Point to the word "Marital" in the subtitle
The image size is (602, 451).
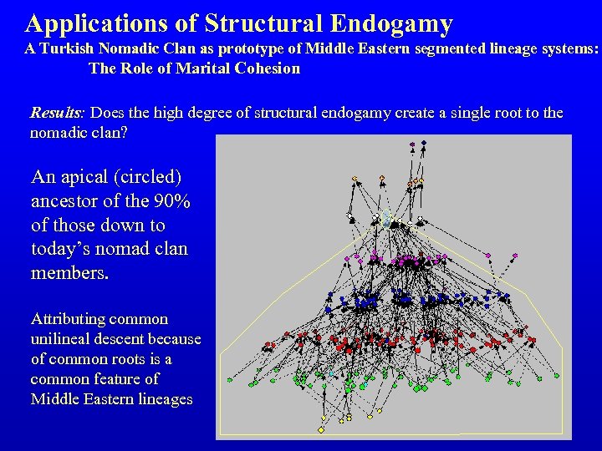coord(207,68)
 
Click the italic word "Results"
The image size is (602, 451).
coord(55,113)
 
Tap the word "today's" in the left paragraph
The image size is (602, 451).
coord(59,249)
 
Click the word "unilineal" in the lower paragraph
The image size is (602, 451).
coord(63,339)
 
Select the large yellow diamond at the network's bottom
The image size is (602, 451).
coord(321,430)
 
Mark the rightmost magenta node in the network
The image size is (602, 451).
coord(515,255)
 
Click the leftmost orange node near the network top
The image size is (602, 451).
coord(355,178)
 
